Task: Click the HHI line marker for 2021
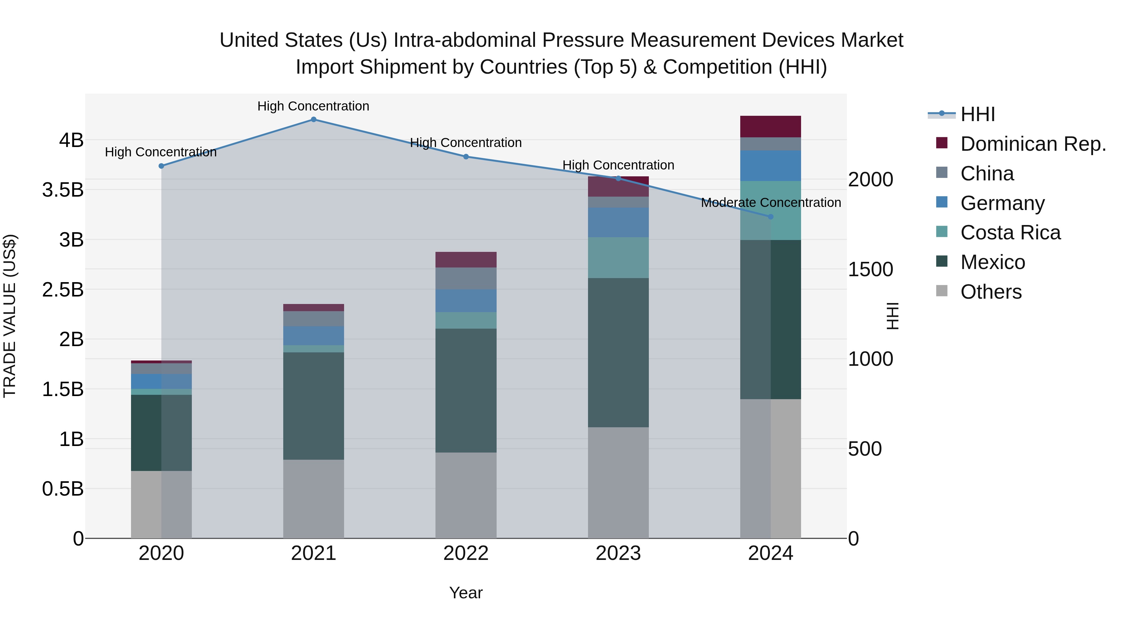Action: pyautogui.click(x=314, y=120)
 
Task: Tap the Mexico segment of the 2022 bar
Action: pyautogui.click(x=466, y=390)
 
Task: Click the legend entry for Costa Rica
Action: pyautogui.click(x=1010, y=233)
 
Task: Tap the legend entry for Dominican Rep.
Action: pyautogui.click(x=1033, y=144)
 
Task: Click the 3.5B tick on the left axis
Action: pyautogui.click(x=63, y=190)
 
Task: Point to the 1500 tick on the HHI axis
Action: pyautogui.click(x=870, y=270)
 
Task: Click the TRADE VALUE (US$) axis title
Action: pyautogui.click(x=10, y=316)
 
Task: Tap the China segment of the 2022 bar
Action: pyautogui.click(x=466, y=278)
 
